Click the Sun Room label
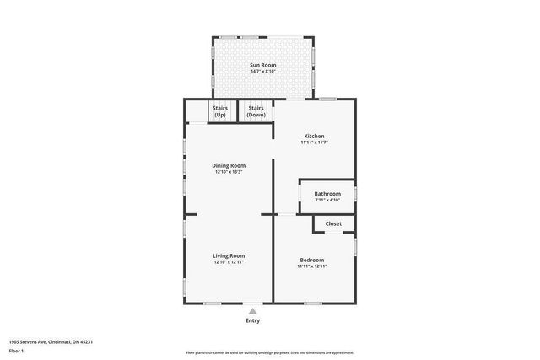pyautogui.click(x=262, y=65)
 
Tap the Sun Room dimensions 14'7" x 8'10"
pyautogui.click(x=262, y=72)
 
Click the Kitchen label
pyautogui.click(x=314, y=136)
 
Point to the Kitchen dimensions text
pyautogui.click(x=314, y=142)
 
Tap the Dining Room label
pyautogui.click(x=229, y=165)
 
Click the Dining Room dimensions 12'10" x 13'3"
pyautogui.click(x=229, y=172)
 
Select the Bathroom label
pyautogui.click(x=327, y=193)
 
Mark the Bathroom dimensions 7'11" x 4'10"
pyautogui.click(x=327, y=200)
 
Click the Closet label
pyautogui.click(x=333, y=223)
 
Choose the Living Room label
pyautogui.click(x=229, y=255)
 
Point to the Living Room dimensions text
pyautogui.click(x=229, y=262)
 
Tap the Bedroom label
pyautogui.click(x=311, y=260)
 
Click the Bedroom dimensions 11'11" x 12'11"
pyautogui.click(x=311, y=266)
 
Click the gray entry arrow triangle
pyautogui.click(x=252, y=311)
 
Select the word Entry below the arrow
pyautogui.click(x=252, y=320)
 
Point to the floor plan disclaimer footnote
pyautogui.click(x=269, y=352)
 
